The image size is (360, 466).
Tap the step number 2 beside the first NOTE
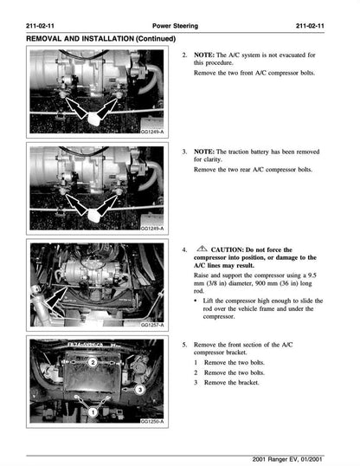point(184,55)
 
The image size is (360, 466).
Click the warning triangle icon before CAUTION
point(201,248)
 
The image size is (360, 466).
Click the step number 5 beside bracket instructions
point(184,345)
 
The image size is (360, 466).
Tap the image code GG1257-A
point(152,326)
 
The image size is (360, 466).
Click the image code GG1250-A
point(152,422)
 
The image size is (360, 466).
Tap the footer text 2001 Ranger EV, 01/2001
point(298,457)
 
